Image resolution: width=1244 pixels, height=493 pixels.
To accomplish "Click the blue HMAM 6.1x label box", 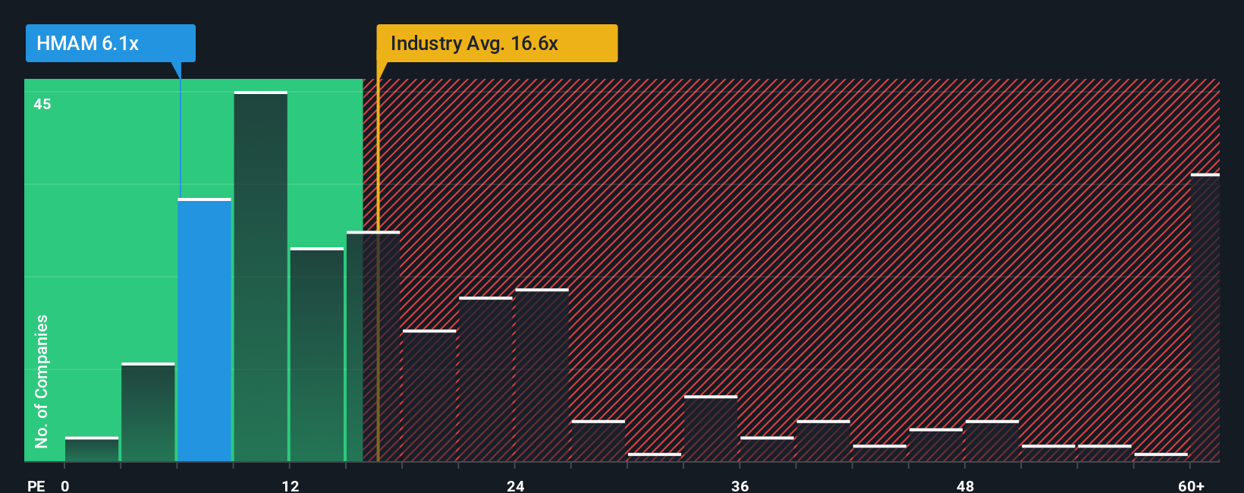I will tap(110, 43).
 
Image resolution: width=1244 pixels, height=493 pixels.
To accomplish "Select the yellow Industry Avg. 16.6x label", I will tap(497, 43).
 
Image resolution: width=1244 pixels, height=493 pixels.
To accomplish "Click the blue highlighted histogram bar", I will tap(204, 330).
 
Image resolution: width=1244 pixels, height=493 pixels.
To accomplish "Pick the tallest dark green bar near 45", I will tap(260, 277).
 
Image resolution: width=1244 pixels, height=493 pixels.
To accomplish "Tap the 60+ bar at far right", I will tap(1205, 319).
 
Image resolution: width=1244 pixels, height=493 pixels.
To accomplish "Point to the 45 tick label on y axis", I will tap(42, 104).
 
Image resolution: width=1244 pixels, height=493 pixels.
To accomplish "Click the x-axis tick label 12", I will tap(290, 485).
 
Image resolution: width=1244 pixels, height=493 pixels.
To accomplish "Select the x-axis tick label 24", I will tap(515, 485).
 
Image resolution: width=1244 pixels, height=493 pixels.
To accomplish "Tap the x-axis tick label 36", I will tap(740, 485).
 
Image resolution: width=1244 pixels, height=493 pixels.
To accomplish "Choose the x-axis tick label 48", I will tap(965, 485).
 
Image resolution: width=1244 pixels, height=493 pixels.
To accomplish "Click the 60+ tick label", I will tap(1192, 485).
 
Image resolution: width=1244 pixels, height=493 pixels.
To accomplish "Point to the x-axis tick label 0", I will tap(65, 485).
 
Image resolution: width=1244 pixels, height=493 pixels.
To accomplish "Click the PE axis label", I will tap(36, 485).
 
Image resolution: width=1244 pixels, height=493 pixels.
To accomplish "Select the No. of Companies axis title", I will tap(42, 381).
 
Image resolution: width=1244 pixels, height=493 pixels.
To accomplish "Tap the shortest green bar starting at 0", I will tap(92, 449).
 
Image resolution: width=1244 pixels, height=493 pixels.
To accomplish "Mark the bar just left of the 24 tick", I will tap(485, 379).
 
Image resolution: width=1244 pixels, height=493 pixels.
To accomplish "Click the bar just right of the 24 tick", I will tap(542, 375).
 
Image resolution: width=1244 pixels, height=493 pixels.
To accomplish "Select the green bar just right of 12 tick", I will tap(316, 355).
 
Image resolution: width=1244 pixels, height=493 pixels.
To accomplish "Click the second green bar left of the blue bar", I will tap(92, 449).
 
